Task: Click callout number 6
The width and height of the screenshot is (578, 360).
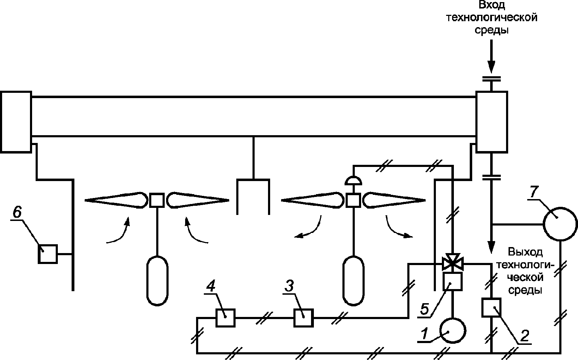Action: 17,212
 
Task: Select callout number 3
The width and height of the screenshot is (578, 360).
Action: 290,286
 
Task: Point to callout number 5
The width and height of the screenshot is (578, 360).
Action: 425,309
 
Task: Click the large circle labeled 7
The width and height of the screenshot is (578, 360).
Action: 560,223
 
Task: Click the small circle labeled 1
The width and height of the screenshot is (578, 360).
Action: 453,330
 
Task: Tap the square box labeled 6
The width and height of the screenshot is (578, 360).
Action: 48,254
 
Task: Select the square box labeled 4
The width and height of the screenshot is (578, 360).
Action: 225,318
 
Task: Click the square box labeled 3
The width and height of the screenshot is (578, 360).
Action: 303,318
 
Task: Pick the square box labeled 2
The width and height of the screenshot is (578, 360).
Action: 491,307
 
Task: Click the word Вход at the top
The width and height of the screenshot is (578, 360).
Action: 491,5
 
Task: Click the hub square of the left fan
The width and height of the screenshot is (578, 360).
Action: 156,200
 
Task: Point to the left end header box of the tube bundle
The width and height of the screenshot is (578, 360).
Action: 16,121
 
